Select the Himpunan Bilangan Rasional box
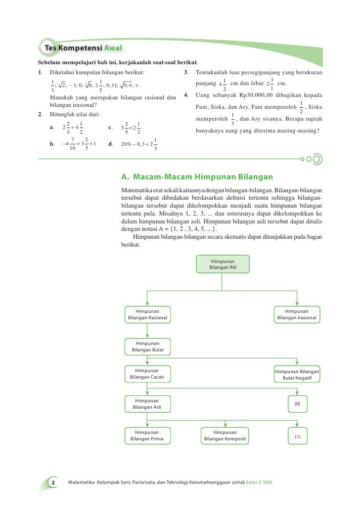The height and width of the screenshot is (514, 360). point(147,314)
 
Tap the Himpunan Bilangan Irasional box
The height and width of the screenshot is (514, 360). point(297,314)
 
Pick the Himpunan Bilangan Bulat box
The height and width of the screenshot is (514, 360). point(147,346)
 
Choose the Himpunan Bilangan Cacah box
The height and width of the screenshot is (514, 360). point(147,374)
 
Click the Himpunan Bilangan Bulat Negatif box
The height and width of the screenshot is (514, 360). point(297,375)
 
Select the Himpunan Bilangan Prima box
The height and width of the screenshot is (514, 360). point(147,435)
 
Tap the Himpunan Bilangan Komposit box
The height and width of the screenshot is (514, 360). point(225,435)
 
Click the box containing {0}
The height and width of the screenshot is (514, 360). point(297,404)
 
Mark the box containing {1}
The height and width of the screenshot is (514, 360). point(297,436)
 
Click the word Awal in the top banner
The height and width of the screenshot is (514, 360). point(112,48)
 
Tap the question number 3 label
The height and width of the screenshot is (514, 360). point(185,73)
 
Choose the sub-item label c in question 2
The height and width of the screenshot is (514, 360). point(110,128)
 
